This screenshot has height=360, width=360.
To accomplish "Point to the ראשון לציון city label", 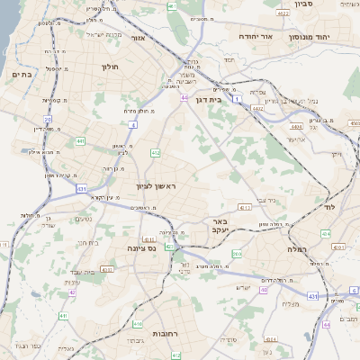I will (x=162, y=185).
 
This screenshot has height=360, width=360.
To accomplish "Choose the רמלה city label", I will (x=298, y=247).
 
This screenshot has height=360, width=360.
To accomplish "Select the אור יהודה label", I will (x=255, y=37).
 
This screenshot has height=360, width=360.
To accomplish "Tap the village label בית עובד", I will (x=92, y=272).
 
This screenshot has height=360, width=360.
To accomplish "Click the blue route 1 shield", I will (x=236, y=98).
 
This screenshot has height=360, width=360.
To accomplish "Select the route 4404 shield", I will (x=295, y=126).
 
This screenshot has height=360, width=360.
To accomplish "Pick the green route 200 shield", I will (x=237, y=255).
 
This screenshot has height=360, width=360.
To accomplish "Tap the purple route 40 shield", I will (x=264, y=290).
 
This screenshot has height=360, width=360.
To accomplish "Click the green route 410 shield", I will (x=138, y=324).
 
